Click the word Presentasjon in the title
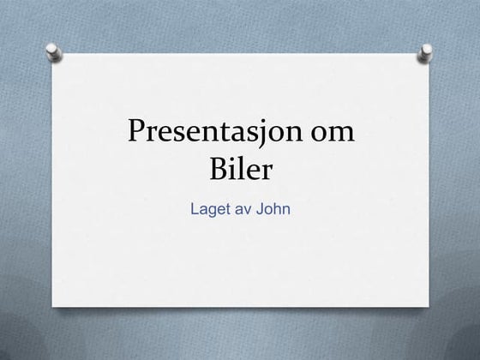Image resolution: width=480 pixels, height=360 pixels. point(216,133)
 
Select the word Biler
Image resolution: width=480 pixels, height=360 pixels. point(240,169)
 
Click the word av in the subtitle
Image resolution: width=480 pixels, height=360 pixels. point(243,208)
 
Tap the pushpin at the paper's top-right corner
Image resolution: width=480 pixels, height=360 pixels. point(425,56)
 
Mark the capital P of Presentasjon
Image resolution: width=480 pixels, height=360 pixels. point(136,133)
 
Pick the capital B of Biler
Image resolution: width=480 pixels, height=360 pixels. point(219,169)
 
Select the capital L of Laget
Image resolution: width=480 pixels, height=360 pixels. point(194,208)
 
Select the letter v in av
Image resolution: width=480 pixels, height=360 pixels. point(248,209)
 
